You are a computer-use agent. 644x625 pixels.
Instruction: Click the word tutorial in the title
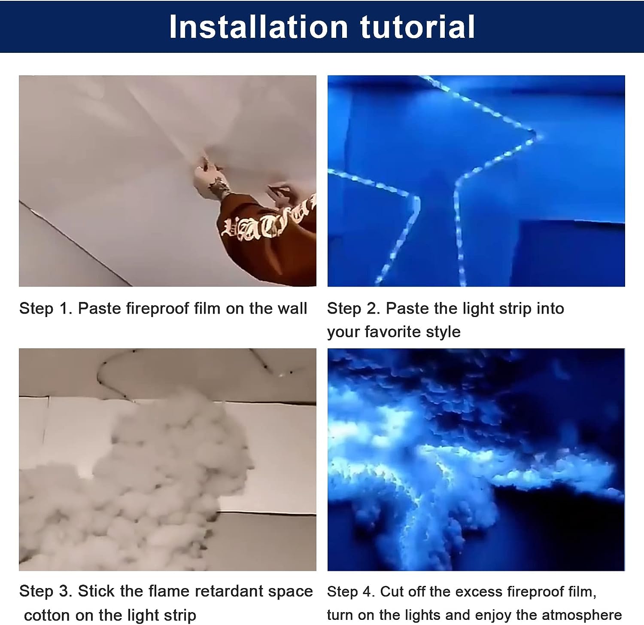coord(417,27)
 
